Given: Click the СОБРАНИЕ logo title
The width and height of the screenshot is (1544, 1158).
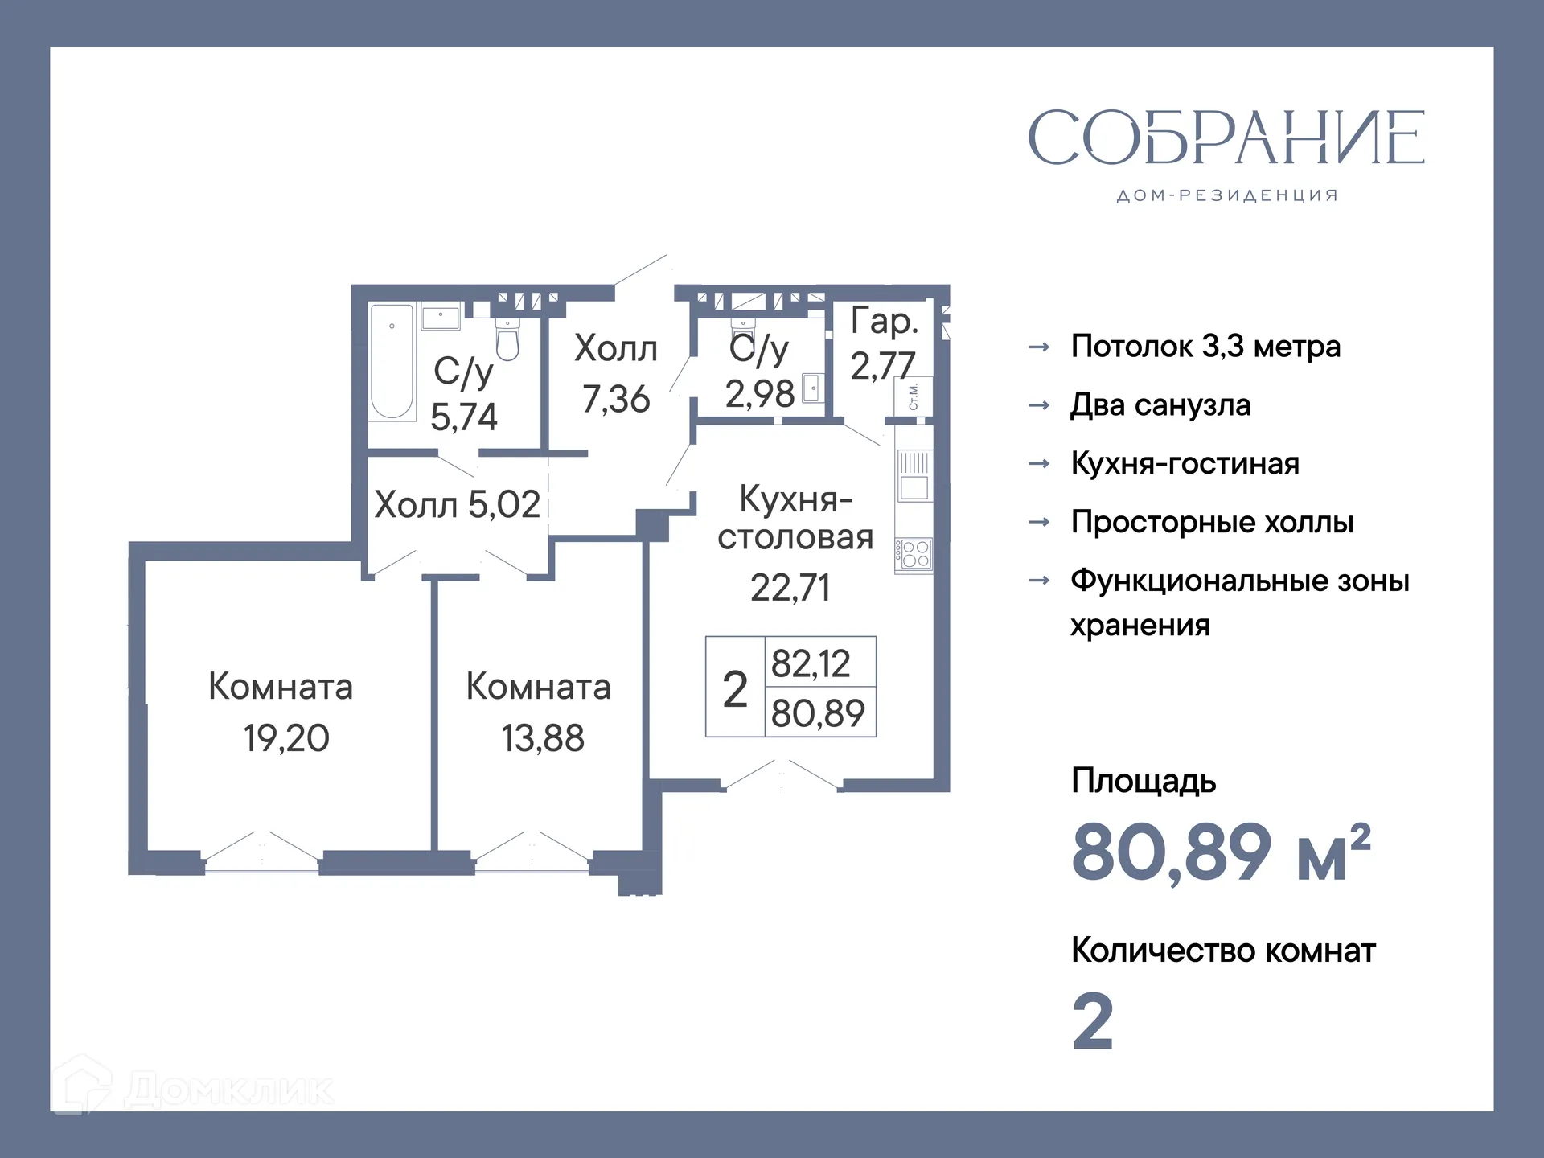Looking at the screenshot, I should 1226,138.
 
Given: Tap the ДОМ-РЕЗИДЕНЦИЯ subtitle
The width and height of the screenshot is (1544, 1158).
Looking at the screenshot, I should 1227,196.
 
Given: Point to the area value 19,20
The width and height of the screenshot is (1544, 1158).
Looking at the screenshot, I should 286,738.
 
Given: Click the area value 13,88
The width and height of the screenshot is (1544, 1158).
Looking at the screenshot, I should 543,738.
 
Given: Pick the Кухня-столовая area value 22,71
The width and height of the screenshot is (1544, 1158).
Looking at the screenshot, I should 790,588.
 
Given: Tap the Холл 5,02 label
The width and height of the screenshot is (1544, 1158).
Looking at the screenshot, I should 457,505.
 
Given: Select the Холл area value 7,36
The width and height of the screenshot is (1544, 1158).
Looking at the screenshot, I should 616,399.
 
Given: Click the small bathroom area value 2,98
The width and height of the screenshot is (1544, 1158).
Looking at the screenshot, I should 760,394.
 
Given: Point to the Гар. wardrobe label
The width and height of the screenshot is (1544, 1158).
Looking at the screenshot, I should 884,321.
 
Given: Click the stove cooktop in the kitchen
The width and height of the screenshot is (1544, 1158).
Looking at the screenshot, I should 915,555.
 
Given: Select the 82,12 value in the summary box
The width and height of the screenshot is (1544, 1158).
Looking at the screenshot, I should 811,663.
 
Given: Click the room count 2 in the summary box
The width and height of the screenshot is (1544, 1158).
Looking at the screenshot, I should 735,689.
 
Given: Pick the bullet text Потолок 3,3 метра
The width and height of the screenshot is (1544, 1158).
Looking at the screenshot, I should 1205,347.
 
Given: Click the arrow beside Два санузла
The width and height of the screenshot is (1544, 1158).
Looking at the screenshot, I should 1039,405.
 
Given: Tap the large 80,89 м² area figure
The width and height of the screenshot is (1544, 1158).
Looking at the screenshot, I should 1221,852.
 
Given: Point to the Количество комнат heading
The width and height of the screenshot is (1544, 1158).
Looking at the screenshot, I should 1223,951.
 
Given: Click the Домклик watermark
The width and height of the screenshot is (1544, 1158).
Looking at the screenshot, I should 193,1090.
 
